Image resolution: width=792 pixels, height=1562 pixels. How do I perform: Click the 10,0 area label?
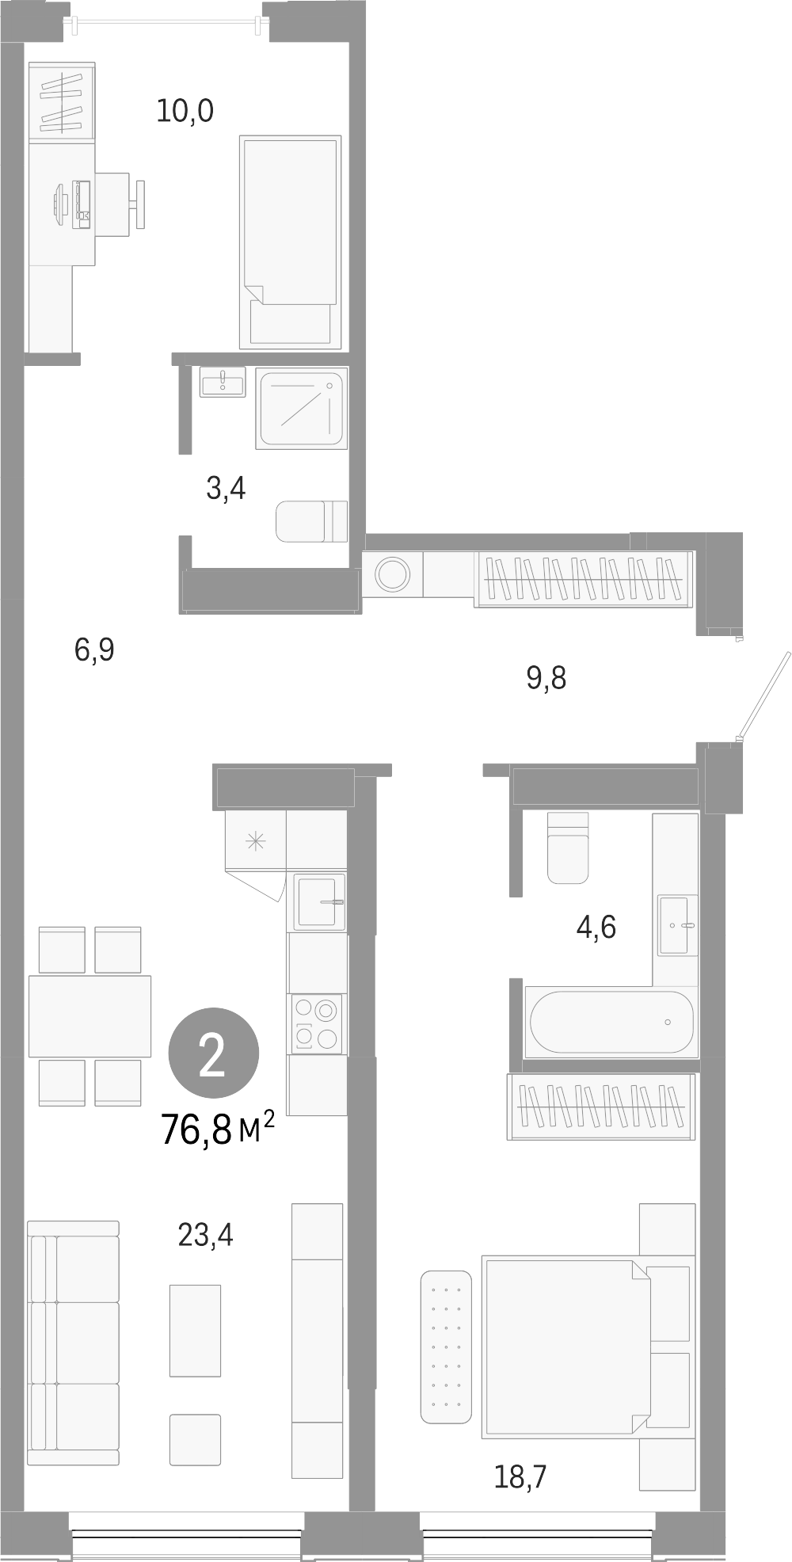tap(185, 110)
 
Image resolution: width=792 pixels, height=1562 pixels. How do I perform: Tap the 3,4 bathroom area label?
tap(226, 489)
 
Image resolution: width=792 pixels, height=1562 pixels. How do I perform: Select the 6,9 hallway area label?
tap(95, 650)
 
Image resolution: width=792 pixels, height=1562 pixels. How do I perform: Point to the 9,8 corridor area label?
tap(546, 678)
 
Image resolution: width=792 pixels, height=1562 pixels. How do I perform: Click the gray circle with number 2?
tap(213, 1053)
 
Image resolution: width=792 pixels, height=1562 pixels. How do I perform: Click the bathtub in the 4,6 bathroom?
tap(611, 1022)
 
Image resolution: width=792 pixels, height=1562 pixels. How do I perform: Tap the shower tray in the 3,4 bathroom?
tap(302, 407)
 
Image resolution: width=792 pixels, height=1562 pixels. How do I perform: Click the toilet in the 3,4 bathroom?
tap(311, 520)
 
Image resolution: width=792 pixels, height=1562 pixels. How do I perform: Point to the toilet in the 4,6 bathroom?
tap(568, 848)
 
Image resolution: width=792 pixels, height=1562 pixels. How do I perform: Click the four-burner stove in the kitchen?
tap(317, 1023)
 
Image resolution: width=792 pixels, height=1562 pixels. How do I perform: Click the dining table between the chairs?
tap(89, 1015)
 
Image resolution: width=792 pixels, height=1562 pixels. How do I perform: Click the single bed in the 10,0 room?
tap(290, 242)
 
